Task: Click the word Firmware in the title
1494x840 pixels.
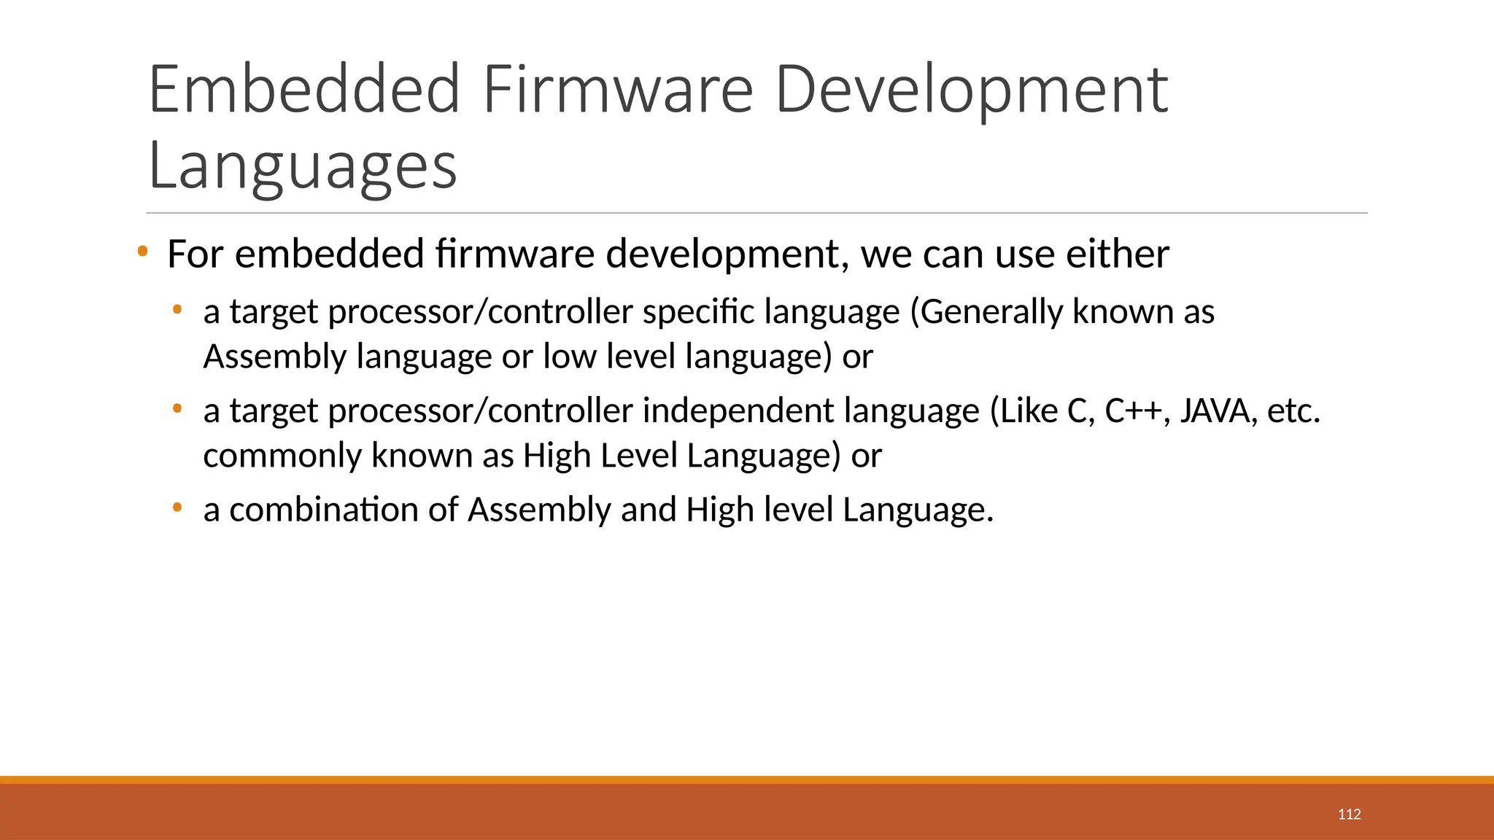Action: (x=617, y=90)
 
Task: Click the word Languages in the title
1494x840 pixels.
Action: (x=302, y=166)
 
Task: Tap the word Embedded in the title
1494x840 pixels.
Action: (x=304, y=90)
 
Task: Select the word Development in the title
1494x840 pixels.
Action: (x=971, y=90)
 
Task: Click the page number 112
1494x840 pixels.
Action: (x=1349, y=814)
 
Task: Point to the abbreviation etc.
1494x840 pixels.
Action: (x=1293, y=411)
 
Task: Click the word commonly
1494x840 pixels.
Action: (x=282, y=456)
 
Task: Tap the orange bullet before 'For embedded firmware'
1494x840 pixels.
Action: (x=142, y=252)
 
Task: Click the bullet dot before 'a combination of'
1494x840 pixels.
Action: (x=177, y=506)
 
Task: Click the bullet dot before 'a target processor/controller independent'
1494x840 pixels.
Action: (x=177, y=408)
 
